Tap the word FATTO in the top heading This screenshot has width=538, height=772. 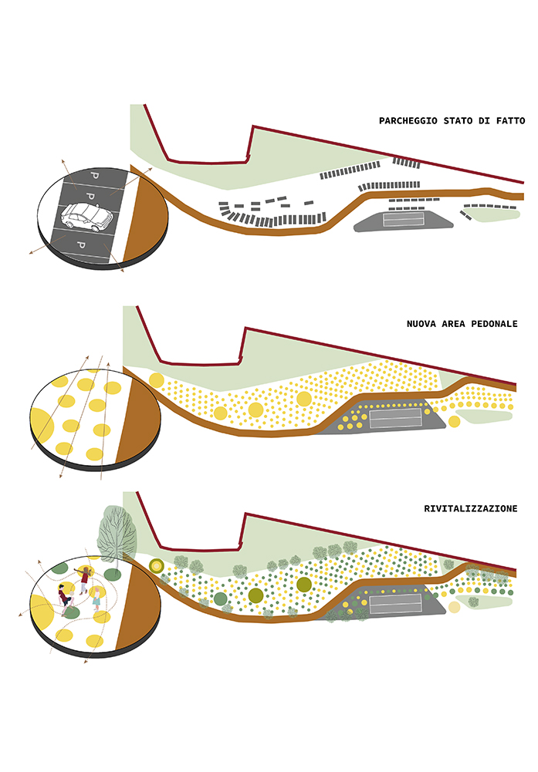511,120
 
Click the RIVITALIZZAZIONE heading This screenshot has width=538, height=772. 471,508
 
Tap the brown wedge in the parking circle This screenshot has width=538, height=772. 144,217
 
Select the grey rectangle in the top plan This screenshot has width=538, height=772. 404,219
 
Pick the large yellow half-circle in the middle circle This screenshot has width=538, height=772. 42,426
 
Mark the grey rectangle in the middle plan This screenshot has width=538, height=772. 396,418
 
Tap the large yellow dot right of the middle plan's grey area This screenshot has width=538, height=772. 454,421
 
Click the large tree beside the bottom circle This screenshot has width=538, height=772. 117,534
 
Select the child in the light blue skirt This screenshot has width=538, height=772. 96,598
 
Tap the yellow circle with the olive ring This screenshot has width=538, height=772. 157,566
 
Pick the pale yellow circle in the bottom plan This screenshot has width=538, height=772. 454,607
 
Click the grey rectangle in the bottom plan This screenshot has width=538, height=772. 396,603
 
